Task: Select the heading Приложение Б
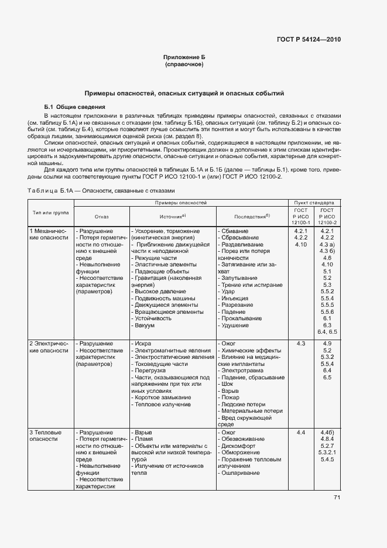coord(184,57)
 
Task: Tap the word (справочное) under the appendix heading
coord(184,64)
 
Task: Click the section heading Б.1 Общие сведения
coord(74,107)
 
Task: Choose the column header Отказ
coord(101,216)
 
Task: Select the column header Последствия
coord(252,216)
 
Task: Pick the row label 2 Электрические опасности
coord(49,346)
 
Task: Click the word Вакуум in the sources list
coord(143,325)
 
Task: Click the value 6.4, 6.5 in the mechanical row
coord(327,331)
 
